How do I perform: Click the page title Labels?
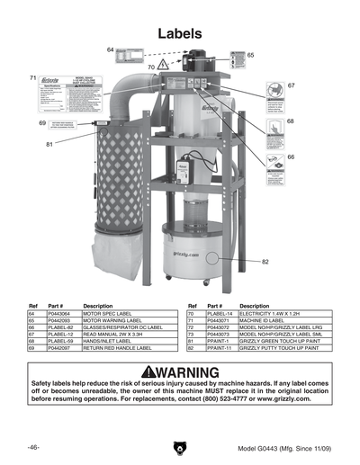[179, 32]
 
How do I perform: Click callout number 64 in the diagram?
[110, 49]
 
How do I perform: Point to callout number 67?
[291, 85]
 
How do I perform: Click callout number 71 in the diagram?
[32, 77]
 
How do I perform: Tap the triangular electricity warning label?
[163, 65]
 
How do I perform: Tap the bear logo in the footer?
[179, 447]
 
